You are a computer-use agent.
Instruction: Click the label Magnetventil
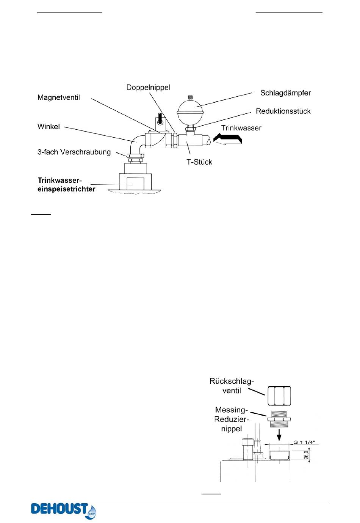click(59, 98)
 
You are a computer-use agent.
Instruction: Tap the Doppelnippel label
click(148, 88)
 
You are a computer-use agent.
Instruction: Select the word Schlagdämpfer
click(285, 93)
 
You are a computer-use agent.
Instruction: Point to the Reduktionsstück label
click(283, 111)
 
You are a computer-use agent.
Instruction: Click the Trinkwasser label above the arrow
click(241, 128)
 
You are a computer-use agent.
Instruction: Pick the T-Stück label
click(199, 162)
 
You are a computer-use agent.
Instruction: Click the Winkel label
click(49, 127)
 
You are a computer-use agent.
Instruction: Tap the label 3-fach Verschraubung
click(74, 152)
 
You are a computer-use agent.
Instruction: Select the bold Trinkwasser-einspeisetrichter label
click(66, 185)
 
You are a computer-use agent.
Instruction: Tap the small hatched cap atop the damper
click(190, 97)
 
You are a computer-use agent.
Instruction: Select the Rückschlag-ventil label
click(232, 386)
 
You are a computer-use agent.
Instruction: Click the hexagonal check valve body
click(279, 396)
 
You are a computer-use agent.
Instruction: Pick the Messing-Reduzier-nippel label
click(231, 419)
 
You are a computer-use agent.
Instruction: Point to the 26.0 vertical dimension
click(306, 454)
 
